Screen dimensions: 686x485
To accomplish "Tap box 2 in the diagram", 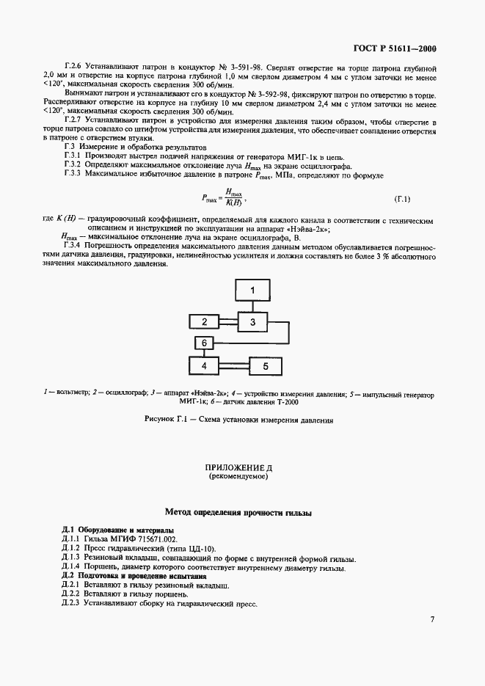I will [x=205, y=321].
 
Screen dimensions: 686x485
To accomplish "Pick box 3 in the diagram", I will [x=252, y=321].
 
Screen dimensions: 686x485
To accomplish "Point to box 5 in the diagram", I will [x=266, y=365].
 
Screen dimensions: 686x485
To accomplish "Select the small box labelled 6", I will [x=205, y=343].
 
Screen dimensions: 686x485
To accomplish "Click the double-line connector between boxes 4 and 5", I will [x=235, y=364].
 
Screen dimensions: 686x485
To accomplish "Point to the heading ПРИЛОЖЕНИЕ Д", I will [x=243, y=467].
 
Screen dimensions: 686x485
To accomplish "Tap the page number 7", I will [x=432, y=619].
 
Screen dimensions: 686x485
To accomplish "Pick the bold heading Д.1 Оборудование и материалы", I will [x=117, y=529].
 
